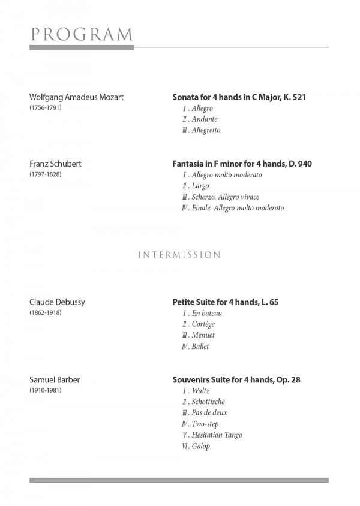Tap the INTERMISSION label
[x=179, y=255]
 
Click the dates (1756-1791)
[x=45, y=108]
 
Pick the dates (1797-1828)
[x=45, y=174]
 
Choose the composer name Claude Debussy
[x=58, y=302]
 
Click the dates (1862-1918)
[x=45, y=313]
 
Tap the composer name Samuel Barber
[x=55, y=379]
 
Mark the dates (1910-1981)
[x=45, y=390]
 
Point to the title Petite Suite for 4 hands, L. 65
[x=226, y=302]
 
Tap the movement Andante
[x=205, y=119]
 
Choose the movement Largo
[x=200, y=186]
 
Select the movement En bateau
[x=206, y=314]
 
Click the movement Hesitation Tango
[x=217, y=435]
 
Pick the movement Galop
[x=202, y=446]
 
